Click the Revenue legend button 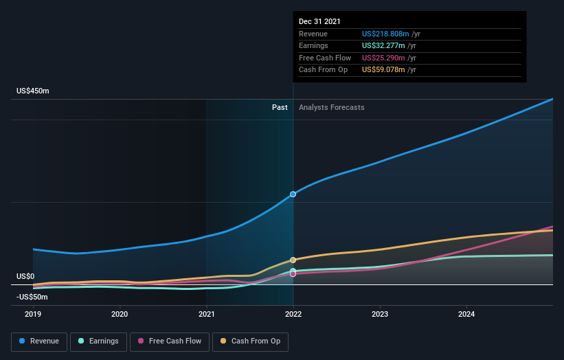click(x=39, y=341)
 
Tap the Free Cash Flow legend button click(x=168, y=341)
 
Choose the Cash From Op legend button click(x=250, y=341)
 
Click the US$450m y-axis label click(x=33, y=91)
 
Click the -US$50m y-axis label click(x=33, y=297)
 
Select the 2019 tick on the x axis click(x=33, y=315)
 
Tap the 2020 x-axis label click(x=120, y=315)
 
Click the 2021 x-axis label click(x=207, y=315)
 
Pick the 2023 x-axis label click(x=380, y=315)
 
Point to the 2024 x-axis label click(x=466, y=315)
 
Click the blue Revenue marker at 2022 click(x=293, y=194)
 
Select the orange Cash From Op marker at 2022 click(x=293, y=260)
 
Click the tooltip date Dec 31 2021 click(x=319, y=22)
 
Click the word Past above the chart click(x=280, y=107)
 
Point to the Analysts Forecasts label click(x=331, y=107)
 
